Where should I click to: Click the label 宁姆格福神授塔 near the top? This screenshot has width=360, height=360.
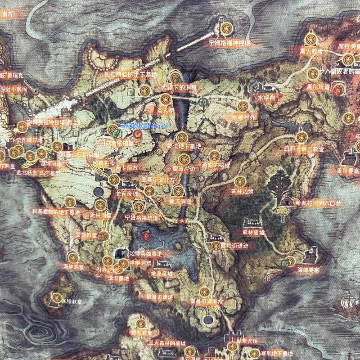[x=229, y=44]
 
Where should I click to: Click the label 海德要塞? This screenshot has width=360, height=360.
[x=309, y=270]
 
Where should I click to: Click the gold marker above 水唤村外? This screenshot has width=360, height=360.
[x=243, y=107]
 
